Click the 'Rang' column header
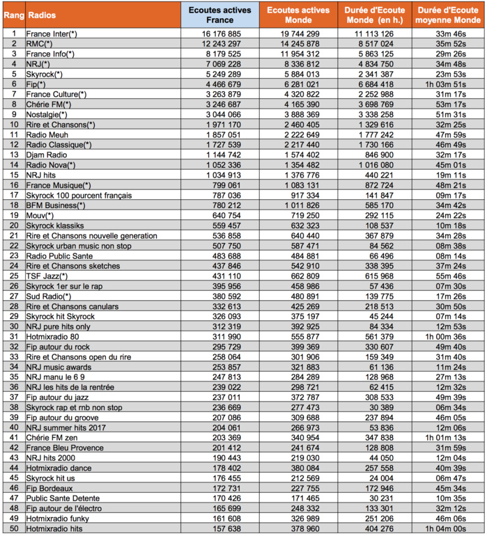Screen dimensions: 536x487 (13, 15)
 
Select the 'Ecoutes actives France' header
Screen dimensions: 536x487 (221, 15)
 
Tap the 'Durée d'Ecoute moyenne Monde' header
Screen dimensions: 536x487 (448, 15)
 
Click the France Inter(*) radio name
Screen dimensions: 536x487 (52, 33)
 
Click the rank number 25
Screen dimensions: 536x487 (13, 276)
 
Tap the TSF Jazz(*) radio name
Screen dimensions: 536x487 (47, 276)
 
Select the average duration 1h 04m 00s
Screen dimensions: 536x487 (448, 528)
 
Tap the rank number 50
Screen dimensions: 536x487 (13, 528)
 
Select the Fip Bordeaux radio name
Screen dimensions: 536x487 (49, 487)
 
